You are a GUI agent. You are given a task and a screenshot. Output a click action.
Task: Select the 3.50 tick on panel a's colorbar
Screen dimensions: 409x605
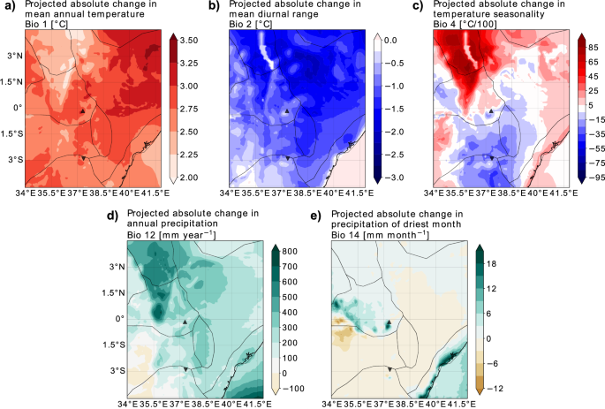pos(190,42)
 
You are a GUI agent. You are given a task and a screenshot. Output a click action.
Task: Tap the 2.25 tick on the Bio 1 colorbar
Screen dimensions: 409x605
pos(190,155)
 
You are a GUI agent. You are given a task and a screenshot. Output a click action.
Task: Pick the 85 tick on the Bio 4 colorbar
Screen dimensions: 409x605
pos(594,42)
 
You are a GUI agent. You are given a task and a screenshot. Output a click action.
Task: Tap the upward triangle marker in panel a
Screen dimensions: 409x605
pos(81,111)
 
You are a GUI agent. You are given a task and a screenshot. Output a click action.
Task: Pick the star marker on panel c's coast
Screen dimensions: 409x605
pos(555,143)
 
